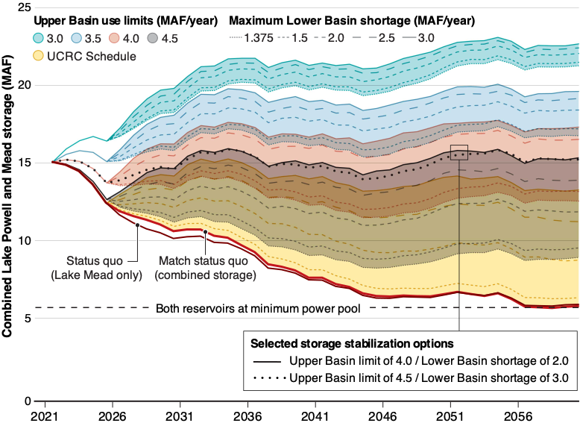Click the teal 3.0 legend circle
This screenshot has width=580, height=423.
38,38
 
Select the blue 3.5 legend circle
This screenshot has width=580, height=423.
76,38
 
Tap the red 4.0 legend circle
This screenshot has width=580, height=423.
114,38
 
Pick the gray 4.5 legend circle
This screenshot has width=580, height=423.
152,38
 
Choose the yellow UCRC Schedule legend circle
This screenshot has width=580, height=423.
38,56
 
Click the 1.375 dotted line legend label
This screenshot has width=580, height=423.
259,38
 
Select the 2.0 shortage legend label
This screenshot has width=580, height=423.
335,38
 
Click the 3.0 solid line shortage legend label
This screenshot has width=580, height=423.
426,38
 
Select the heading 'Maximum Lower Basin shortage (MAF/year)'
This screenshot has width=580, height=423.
352,20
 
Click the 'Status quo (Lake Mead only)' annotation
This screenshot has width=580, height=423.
96,268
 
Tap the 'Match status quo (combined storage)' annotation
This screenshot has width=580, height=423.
205,268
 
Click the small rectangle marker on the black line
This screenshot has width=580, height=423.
459,153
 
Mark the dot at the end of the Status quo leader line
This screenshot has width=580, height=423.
138,225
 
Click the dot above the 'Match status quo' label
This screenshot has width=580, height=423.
205,234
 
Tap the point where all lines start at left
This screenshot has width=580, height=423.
53,161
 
